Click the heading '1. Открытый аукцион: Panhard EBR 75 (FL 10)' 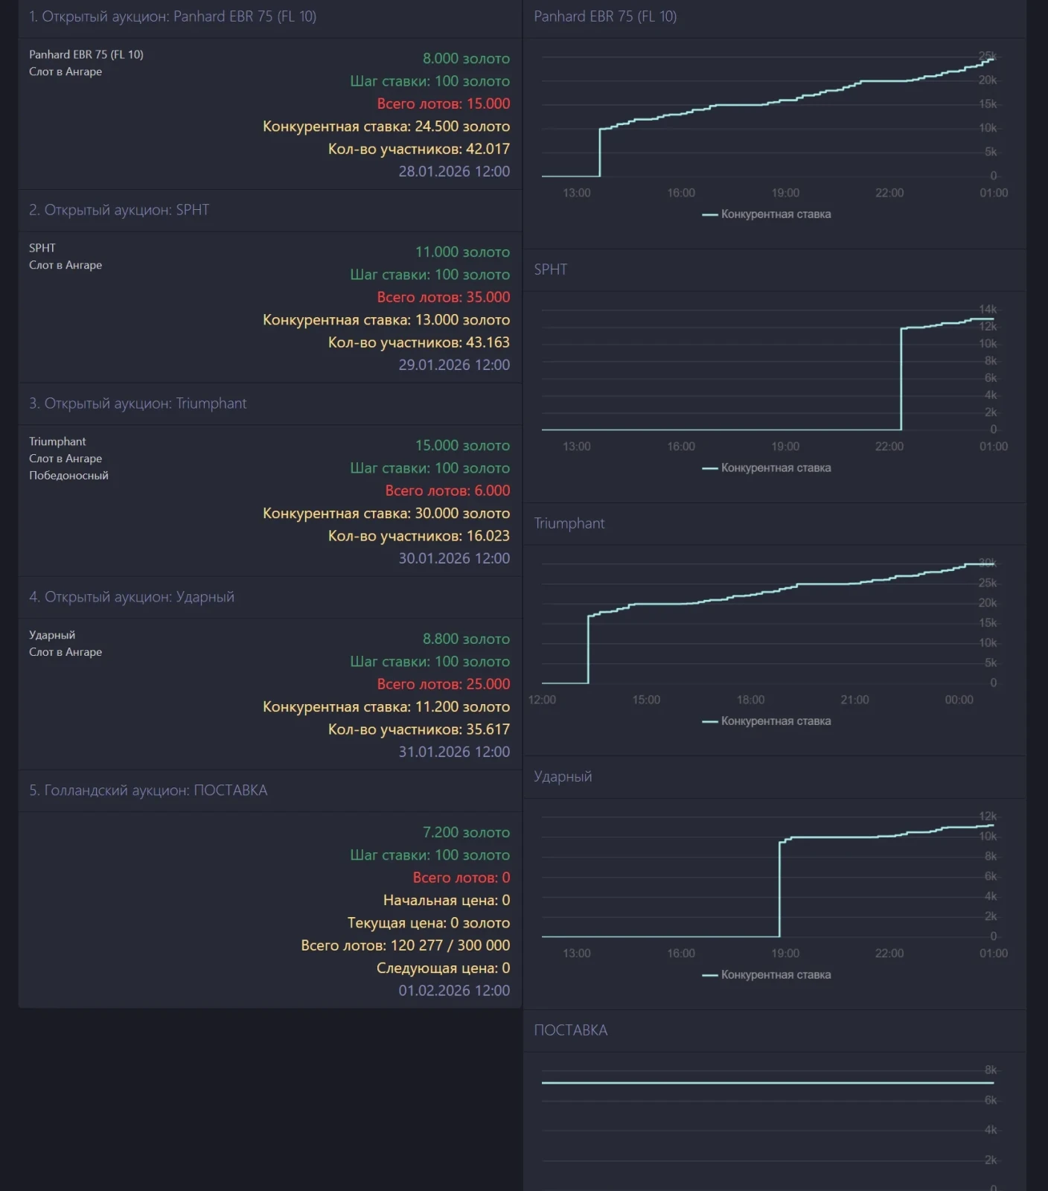point(173,16)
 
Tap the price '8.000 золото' point(466,58)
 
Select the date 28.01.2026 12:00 point(454,171)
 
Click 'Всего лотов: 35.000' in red point(443,297)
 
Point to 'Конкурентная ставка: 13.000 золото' point(386,319)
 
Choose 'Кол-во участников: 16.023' point(418,536)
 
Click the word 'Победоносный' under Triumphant point(68,476)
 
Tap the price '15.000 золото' point(462,445)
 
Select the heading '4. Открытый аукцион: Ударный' point(132,597)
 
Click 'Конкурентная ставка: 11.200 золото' point(386,706)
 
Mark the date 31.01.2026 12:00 point(454,752)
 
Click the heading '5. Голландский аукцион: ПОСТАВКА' point(148,791)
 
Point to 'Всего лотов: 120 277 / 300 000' point(405,945)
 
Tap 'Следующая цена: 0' point(443,968)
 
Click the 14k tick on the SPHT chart point(987,309)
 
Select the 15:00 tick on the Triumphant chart point(646,700)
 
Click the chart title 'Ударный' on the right point(563,776)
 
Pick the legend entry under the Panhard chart point(767,214)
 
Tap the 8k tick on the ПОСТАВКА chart point(990,1070)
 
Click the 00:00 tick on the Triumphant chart point(959,700)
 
